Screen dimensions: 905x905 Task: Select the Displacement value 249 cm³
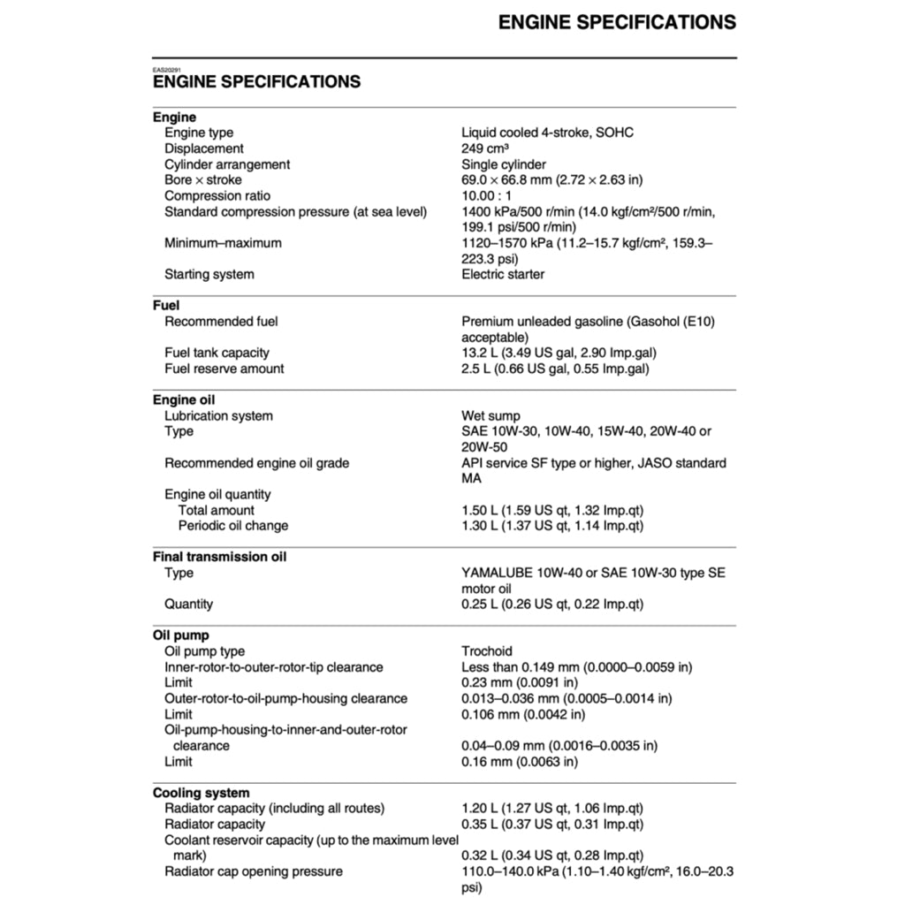point(484,148)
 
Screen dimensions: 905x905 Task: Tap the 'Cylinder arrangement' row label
point(227,164)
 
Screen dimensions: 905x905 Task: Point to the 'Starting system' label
point(209,274)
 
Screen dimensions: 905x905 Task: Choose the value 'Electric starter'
point(503,274)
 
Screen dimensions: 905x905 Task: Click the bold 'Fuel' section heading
point(166,306)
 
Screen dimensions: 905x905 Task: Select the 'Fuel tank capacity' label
point(217,353)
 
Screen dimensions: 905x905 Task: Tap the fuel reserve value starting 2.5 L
point(555,369)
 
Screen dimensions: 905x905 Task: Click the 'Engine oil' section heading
point(184,399)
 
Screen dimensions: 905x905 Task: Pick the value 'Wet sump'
point(491,415)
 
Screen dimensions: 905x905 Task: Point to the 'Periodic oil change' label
point(233,526)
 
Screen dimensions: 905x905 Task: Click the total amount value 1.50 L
point(552,510)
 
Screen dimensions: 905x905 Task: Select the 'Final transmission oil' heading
point(219,557)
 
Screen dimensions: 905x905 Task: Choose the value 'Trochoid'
point(487,651)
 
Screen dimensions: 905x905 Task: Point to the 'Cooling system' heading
point(201,793)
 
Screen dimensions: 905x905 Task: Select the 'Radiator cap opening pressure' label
point(253,871)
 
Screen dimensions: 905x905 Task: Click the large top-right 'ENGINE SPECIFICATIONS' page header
point(617,22)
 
